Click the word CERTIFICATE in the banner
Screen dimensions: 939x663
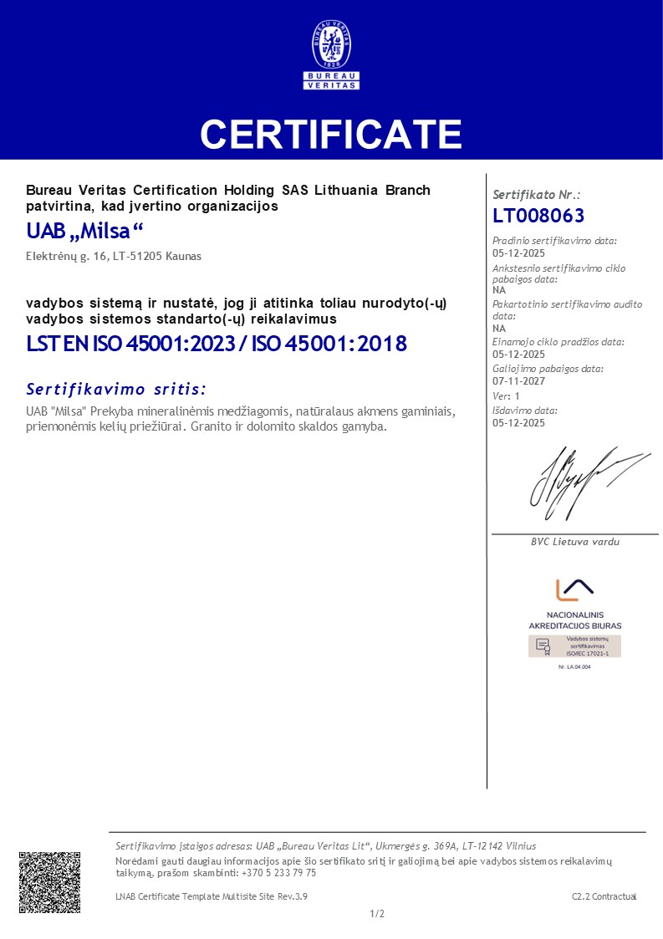[331, 134]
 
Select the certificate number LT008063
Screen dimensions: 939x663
[538, 216]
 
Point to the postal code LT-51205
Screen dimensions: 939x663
[154, 257]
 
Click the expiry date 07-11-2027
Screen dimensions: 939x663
[518, 381]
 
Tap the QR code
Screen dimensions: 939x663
[50, 882]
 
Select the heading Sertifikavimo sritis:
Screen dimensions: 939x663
[116, 389]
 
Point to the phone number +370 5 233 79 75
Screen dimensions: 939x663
[278, 873]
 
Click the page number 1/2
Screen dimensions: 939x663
[377, 914]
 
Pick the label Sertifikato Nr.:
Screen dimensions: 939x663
[537, 194]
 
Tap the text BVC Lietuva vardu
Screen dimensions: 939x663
[575, 542]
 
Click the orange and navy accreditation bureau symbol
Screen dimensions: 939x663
[574, 589]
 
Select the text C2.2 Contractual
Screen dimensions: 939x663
[604, 896]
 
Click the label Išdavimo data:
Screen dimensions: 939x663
[525, 411]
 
